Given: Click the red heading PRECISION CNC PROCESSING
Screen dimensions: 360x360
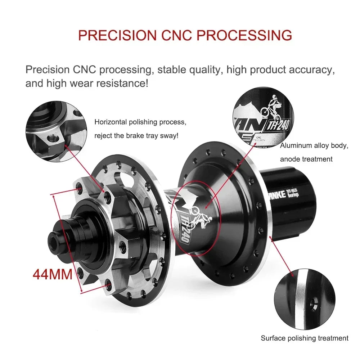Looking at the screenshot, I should coord(185,35).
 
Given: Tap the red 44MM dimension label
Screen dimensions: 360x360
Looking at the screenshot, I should coord(53,274).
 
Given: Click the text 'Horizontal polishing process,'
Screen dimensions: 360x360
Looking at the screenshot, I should coord(140,122).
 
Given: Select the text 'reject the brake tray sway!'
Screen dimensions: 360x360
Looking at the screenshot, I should coord(136,136).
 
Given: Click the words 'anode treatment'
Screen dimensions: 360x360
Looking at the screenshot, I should coord(306,159).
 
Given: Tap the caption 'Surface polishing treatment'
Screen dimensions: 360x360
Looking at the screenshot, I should coord(305,338).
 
